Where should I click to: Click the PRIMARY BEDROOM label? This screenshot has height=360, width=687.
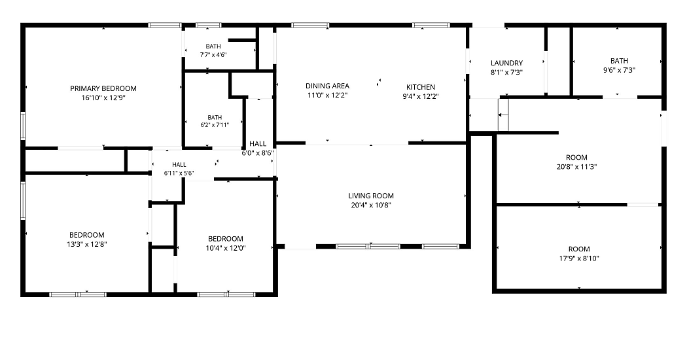[103, 88]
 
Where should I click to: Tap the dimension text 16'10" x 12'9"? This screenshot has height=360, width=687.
[103, 98]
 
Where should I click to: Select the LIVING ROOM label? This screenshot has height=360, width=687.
[371, 196]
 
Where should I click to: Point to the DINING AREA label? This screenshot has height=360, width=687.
[327, 86]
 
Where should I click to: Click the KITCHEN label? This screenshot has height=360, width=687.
[421, 87]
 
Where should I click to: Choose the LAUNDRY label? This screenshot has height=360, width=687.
[506, 63]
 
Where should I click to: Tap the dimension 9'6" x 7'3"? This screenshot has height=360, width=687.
[619, 70]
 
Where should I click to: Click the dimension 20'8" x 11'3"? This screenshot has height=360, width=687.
[576, 167]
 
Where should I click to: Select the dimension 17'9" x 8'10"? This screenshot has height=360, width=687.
[579, 259]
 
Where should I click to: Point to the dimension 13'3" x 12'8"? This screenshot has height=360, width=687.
[87, 244]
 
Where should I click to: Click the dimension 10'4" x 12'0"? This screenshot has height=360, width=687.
[226, 248]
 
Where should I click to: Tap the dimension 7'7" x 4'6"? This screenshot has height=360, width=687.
[213, 55]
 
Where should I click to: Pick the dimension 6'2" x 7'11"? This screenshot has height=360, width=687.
[215, 125]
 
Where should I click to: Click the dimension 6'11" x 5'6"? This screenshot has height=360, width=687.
[179, 173]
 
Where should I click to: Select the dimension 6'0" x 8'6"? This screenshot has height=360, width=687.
[258, 153]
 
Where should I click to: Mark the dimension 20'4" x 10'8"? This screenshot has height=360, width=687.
[371, 206]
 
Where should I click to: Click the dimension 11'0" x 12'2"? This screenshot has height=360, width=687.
[327, 95]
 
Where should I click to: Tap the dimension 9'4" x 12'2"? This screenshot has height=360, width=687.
[421, 96]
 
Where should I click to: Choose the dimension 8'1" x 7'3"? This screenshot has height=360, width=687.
[506, 73]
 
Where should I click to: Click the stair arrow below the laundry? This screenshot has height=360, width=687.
[503, 115]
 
